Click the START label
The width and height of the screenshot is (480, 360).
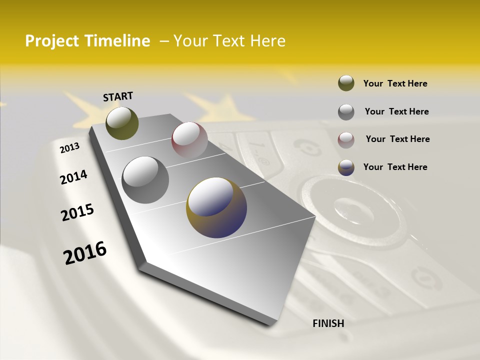(118, 96)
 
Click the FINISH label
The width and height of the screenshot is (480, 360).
(328, 323)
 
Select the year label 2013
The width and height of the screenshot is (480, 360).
(69, 148)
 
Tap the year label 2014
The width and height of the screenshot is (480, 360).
(73, 177)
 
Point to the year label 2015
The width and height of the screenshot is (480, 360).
(77, 212)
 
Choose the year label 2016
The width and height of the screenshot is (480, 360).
(85, 253)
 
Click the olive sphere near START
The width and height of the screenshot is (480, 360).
(122, 123)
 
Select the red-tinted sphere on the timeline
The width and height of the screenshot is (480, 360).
(189, 140)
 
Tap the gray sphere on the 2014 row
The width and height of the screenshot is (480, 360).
(145, 180)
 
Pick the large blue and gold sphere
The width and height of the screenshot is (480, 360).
(216, 207)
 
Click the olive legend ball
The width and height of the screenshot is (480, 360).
(346, 83)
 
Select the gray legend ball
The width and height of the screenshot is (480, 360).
(346, 112)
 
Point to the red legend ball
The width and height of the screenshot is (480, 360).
(346, 140)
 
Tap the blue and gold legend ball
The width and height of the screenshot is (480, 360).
(346, 167)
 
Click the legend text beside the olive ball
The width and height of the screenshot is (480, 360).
(395, 83)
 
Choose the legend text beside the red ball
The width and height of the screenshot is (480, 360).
(397, 139)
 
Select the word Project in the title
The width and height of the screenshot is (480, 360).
(52, 41)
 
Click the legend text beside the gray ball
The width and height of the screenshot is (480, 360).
(396, 111)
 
